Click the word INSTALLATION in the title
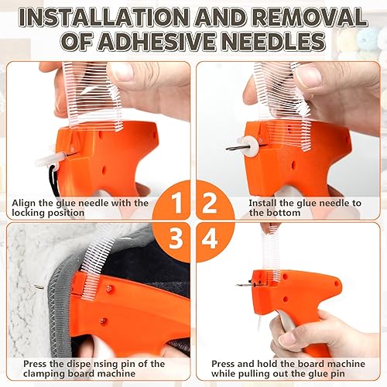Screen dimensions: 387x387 [104, 17]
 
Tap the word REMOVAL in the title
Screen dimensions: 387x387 [310, 17]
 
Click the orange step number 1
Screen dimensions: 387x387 [176, 204]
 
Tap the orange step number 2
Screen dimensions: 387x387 [210, 204]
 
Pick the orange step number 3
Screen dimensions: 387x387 [176, 238]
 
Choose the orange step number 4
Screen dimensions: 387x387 [210, 238]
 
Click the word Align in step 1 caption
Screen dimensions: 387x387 [24, 204]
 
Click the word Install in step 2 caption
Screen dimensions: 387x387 [262, 203]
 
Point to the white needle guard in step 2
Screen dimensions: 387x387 [247, 146]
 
